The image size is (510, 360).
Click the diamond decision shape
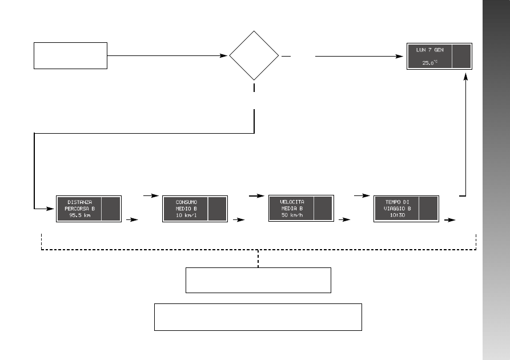(254, 55)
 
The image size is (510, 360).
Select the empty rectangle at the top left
(71, 55)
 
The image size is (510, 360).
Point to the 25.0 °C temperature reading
(429, 63)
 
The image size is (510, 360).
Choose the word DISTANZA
(80, 202)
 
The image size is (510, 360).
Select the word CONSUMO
(186, 202)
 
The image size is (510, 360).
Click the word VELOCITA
(292, 202)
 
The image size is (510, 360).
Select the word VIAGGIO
(394, 209)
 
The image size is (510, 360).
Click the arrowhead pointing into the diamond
(225, 56)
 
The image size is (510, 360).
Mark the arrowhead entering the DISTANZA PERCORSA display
(53, 209)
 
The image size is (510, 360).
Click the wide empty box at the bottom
(258, 317)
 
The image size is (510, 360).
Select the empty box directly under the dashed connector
(258, 279)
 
